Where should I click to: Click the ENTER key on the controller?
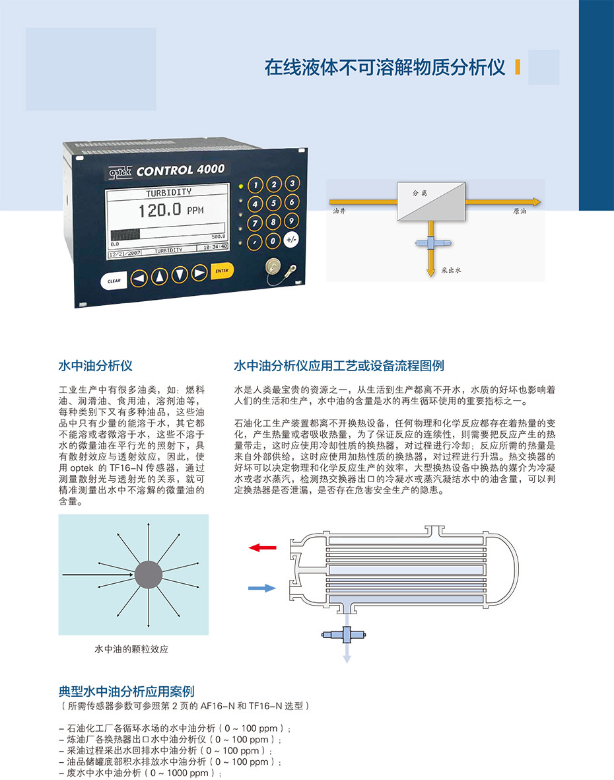coord(222,271)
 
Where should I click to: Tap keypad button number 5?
coord(273,203)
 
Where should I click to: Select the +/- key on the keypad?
coord(291,240)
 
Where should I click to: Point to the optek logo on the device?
coord(120,172)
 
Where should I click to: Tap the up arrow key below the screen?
coord(159,276)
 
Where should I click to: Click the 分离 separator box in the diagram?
coord(431,201)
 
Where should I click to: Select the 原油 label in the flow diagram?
coord(520,211)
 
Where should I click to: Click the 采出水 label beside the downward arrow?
coord(452,270)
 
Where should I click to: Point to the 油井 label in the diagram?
coord(339,211)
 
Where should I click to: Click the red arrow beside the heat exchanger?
coord(263,548)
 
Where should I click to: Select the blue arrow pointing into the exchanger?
coord(262,588)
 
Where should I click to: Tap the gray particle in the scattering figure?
coord(148,575)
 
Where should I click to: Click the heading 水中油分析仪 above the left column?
coord(96,366)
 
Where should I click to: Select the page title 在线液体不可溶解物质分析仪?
coord(385,67)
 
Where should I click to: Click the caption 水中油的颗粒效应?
coord(132,649)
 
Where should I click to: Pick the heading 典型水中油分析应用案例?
coord(126,691)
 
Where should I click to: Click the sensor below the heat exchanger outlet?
coord(344,634)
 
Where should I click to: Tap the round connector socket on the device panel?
coord(274,267)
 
